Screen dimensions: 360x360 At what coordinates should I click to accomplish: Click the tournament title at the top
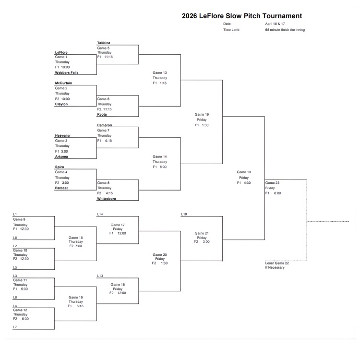pyautogui.click(x=242, y=16)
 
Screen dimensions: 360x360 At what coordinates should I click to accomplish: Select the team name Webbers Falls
pyautogui.click(x=67, y=72)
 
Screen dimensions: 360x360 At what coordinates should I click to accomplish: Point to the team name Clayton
pyautogui.click(x=61, y=104)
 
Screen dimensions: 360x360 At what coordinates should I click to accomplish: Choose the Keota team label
pyautogui.click(x=102, y=115)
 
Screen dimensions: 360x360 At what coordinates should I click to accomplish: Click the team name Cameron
pyautogui.click(x=105, y=125)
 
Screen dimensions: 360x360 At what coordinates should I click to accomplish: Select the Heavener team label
pyautogui.click(x=63, y=135)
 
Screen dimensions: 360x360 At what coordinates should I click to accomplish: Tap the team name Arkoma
pyautogui.click(x=62, y=156)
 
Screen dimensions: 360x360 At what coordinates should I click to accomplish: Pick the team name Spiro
pyautogui.click(x=60, y=167)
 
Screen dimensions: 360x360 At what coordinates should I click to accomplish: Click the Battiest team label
pyautogui.click(x=61, y=188)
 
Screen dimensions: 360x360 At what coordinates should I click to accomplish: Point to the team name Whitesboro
pyautogui.click(x=107, y=198)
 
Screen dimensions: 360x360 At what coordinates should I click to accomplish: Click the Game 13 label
pyautogui.click(x=160, y=72)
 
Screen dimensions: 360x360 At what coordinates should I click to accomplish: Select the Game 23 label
pyautogui.click(x=273, y=183)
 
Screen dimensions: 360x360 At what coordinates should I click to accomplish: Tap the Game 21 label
pyautogui.click(x=202, y=233)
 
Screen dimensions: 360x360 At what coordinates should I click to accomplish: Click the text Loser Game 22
pyautogui.click(x=277, y=263)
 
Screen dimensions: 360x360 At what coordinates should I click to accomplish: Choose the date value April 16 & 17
pyautogui.click(x=275, y=24)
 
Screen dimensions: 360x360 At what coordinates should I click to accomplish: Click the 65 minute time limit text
pyautogui.click(x=285, y=30)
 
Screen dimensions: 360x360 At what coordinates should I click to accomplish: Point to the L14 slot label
pyautogui.click(x=100, y=214)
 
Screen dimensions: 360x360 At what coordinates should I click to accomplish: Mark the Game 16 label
pyautogui.click(x=76, y=297)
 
